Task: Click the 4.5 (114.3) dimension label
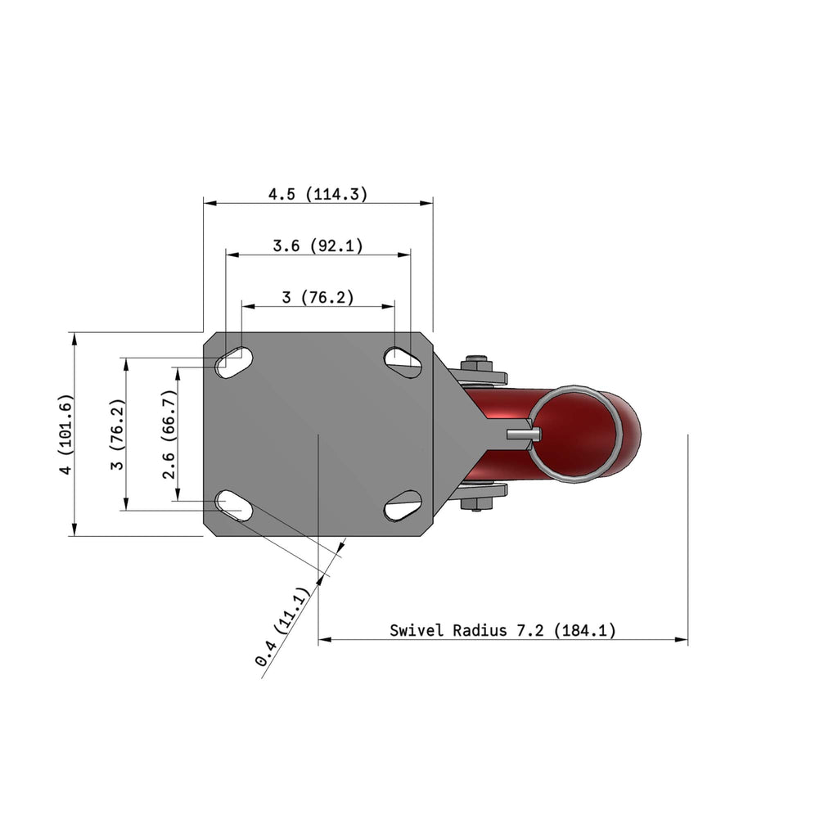318,193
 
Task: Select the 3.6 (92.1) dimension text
318,246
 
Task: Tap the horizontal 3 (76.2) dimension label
318,296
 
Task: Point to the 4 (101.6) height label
65,434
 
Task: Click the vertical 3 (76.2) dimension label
117,435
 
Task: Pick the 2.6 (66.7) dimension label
169,435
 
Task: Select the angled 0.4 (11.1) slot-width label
282,627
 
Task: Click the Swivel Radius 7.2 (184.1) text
502,630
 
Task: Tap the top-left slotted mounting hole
234,363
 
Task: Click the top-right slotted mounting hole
403,363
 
